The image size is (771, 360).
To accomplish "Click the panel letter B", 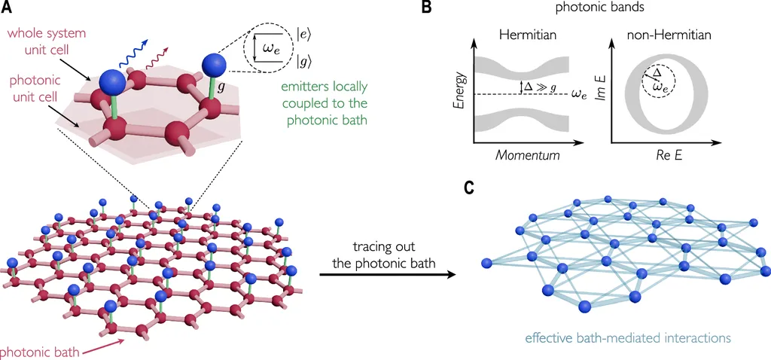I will (x=426, y=8).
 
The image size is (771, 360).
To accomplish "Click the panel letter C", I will (x=468, y=186).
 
